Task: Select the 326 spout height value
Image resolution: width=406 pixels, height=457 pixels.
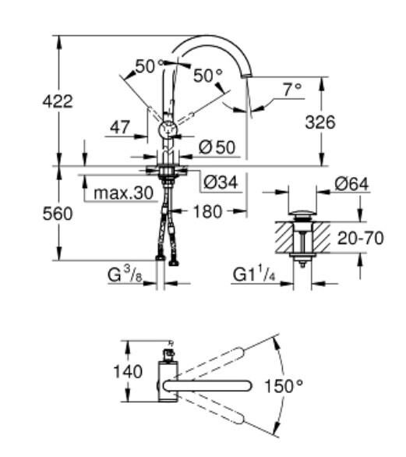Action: (322, 122)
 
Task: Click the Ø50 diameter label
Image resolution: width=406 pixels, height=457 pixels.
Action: (216, 146)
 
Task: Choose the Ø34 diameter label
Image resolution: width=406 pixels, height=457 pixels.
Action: (221, 182)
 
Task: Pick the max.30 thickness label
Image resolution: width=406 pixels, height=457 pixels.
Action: (123, 193)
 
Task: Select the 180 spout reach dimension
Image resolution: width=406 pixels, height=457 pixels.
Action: (207, 211)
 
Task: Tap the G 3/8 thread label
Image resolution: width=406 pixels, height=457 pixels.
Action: (125, 274)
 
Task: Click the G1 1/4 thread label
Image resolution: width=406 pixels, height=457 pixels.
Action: (254, 274)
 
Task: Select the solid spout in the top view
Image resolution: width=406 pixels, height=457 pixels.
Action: (210, 384)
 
